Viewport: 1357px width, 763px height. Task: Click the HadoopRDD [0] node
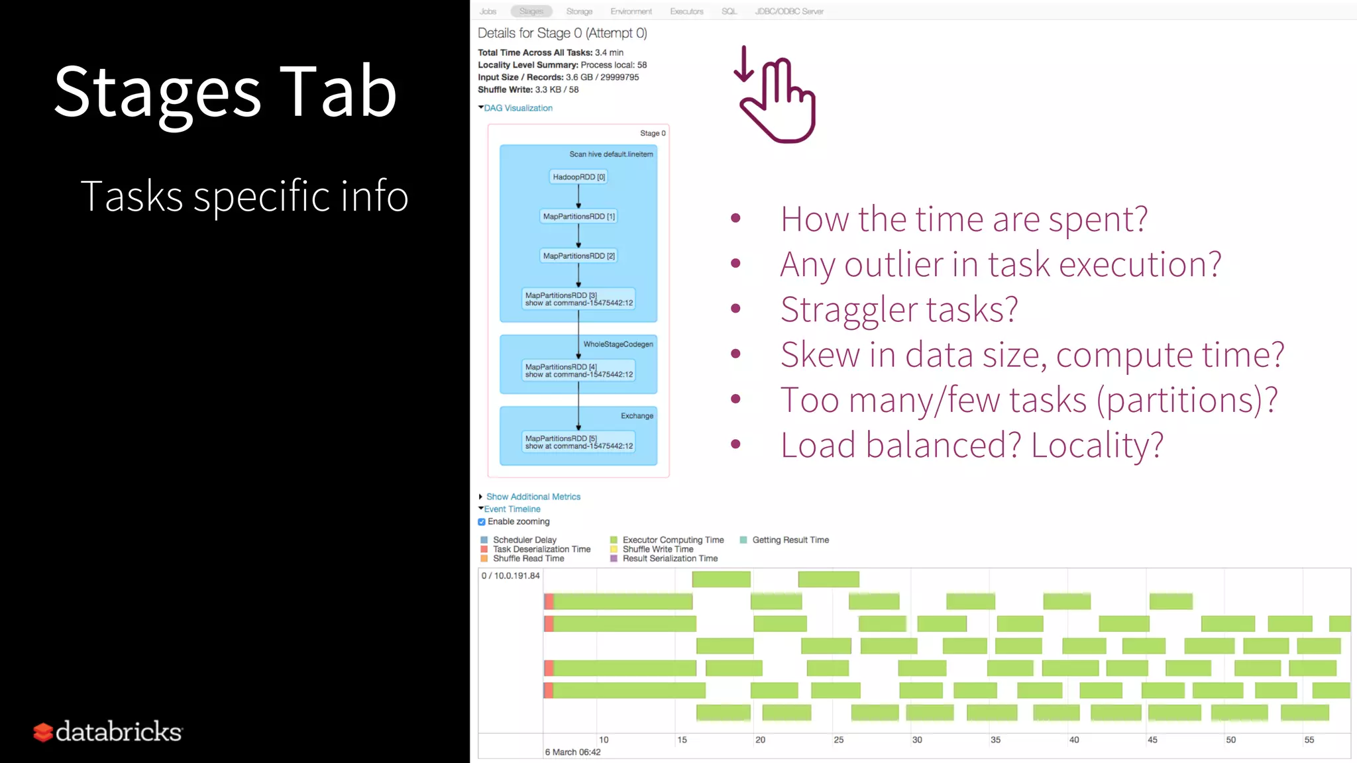pos(578,177)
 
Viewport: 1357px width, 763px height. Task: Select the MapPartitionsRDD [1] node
pos(578,217)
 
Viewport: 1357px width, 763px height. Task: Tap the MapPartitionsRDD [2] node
pos(578,256)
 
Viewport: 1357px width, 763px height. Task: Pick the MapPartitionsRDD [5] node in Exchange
pos(578,442)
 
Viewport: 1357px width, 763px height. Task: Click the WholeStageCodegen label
pos(618,344)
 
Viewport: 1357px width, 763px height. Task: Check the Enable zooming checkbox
pos(482,522)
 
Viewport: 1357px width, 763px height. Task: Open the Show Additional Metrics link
pos(533,497)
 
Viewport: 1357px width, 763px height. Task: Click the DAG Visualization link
pos(517,108)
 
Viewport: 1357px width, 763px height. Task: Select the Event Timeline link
pos(512,509)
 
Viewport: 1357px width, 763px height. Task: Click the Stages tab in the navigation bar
pos(531,11)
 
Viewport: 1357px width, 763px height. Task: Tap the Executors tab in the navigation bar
pos(686,11)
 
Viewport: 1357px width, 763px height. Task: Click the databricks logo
pos(108,731)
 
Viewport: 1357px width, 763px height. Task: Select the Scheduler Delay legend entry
pos(524,540)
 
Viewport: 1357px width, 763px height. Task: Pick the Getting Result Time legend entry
pos(790,540)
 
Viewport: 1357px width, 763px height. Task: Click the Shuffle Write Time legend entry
pos(657,549)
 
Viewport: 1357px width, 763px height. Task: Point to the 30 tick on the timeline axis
pos(917,740)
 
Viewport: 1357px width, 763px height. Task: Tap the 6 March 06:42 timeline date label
pos(572,752)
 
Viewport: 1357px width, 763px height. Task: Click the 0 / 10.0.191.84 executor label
pos(510,576)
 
